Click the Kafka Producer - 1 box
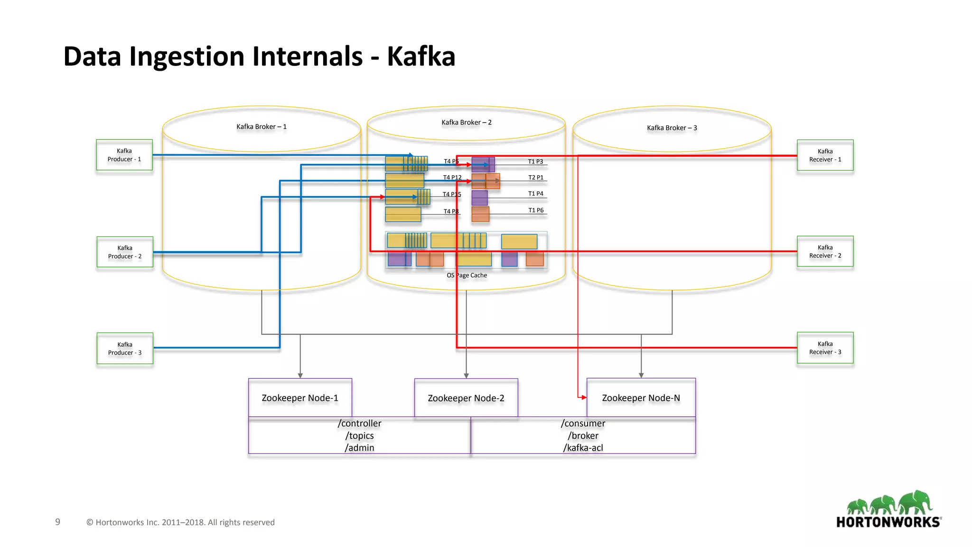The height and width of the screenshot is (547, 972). click(x=124, y=155)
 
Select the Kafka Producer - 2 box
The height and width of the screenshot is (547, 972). click(x=125, y=252)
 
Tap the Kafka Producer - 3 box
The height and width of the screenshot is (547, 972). click(x=125, y=348)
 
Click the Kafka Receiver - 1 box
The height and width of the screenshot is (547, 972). click(x=825, y=155)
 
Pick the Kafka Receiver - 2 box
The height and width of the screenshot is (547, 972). click(x=825, y=251)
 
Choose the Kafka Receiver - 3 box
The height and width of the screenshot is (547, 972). click(x=825, y=348)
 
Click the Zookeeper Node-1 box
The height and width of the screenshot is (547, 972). click(x=300, y=398)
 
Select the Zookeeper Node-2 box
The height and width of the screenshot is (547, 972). click(x=466, y=398)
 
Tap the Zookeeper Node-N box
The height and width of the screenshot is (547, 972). click(x=641, y=398)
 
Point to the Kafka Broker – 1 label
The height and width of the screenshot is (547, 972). click(x=262, y=127)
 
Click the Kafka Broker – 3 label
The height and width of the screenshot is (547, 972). click(x=672, y=128)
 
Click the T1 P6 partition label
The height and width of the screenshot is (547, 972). click(x=536, y=210)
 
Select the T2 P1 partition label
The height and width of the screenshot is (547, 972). click(x=536, y=178)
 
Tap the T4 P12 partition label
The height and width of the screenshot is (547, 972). click(x=452, y=178)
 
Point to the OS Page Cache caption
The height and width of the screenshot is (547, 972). click(x=467, y=275)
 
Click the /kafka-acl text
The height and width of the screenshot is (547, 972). click(x=583, y=448)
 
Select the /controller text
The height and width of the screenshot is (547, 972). click(x=359, y=423)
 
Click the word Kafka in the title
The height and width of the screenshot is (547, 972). click(x=421, y=57)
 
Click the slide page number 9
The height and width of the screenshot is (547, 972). click(x=57, y=522)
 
